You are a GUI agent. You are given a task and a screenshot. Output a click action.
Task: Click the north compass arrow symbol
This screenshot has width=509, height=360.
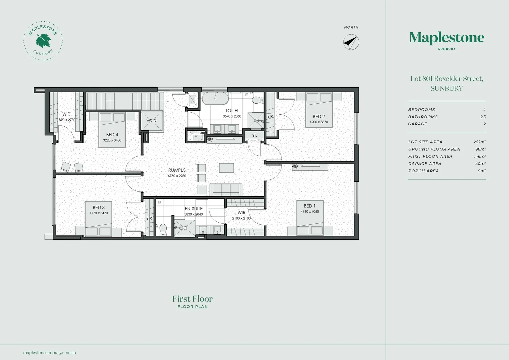(351, 42)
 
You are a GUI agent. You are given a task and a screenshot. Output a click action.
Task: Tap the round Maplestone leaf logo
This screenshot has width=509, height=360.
(43, 41)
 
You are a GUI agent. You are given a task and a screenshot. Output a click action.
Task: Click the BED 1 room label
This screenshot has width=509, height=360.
(309, 206)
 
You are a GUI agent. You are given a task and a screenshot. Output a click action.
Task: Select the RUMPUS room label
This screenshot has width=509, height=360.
(177, 170)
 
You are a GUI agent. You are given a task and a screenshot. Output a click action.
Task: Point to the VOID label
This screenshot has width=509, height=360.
(152, 121)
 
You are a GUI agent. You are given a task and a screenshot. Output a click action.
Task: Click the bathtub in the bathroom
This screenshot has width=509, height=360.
(215, 99)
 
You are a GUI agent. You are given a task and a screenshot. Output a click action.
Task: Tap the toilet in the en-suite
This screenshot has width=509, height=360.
(163, 229)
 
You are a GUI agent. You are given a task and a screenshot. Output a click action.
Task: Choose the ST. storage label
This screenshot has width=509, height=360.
(254, 135)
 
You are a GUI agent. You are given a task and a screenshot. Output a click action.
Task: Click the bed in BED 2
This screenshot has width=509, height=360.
(319, 110)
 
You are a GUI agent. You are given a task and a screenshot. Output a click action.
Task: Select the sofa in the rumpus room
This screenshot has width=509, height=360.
(226, 190)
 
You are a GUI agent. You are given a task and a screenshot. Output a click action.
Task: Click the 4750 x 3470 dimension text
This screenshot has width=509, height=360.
(99, 213)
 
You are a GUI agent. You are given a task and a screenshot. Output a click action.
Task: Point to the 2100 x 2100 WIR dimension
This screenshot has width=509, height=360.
(241, 218)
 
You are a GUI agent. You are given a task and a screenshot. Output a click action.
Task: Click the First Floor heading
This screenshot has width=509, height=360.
(193, 299)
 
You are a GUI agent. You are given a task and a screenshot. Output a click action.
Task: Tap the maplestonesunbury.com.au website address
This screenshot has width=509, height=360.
(50, 352)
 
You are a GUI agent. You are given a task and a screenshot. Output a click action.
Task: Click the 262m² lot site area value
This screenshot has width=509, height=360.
(479, 142)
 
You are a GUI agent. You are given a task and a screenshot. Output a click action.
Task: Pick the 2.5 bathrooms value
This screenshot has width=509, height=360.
(483, 117)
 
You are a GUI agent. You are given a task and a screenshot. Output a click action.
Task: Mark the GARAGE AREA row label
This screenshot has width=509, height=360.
(425, 164)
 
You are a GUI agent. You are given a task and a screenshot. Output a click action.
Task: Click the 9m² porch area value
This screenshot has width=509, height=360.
(481, 171)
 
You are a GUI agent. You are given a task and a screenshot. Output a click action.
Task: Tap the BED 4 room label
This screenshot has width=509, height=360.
(112, 135)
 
